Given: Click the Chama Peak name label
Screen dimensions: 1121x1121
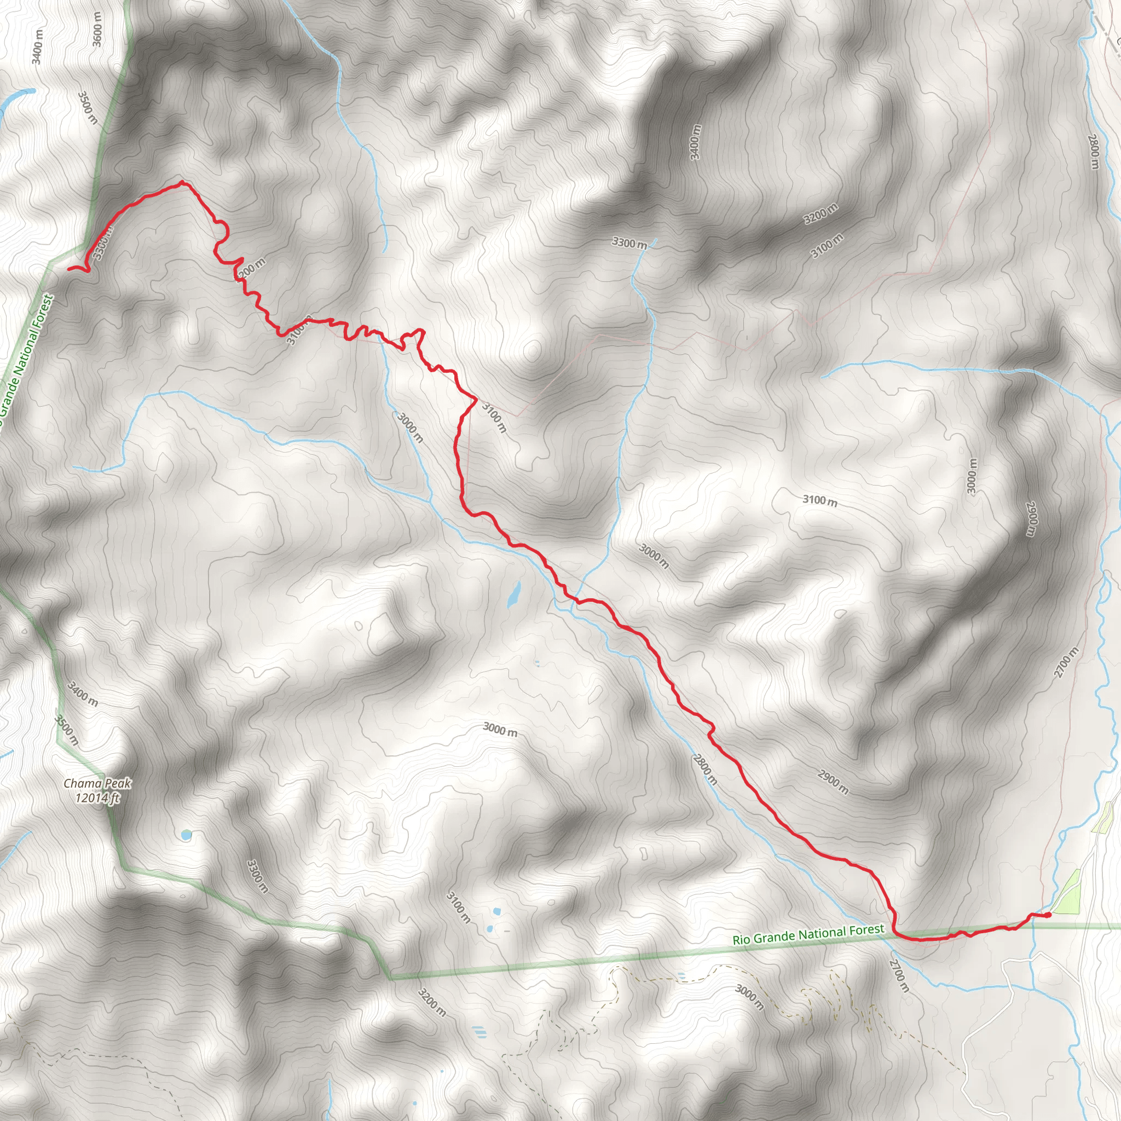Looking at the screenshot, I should [97, 784].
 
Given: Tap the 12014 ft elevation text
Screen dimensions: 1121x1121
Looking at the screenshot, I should [97, 798].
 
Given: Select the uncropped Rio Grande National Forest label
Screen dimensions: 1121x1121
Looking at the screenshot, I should [808, 934].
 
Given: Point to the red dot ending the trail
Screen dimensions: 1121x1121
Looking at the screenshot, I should [1048, 916].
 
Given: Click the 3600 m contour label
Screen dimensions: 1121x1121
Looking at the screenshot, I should [97, 29].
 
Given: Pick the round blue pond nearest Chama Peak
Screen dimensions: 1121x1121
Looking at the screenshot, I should [186, 835].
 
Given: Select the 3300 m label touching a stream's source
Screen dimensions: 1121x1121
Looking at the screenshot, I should [629, 242].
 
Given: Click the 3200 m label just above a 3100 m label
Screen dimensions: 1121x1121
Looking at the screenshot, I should [820, 214].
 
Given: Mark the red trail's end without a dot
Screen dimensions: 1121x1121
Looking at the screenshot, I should [69, 269].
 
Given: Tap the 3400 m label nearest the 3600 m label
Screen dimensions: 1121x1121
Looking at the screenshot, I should [38, 47].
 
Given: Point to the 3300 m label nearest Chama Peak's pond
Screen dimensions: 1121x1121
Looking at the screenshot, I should [257, 876].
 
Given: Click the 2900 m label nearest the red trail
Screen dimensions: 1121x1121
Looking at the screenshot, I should [833, 782].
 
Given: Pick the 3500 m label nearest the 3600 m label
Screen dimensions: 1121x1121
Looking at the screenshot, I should [87, 107].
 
